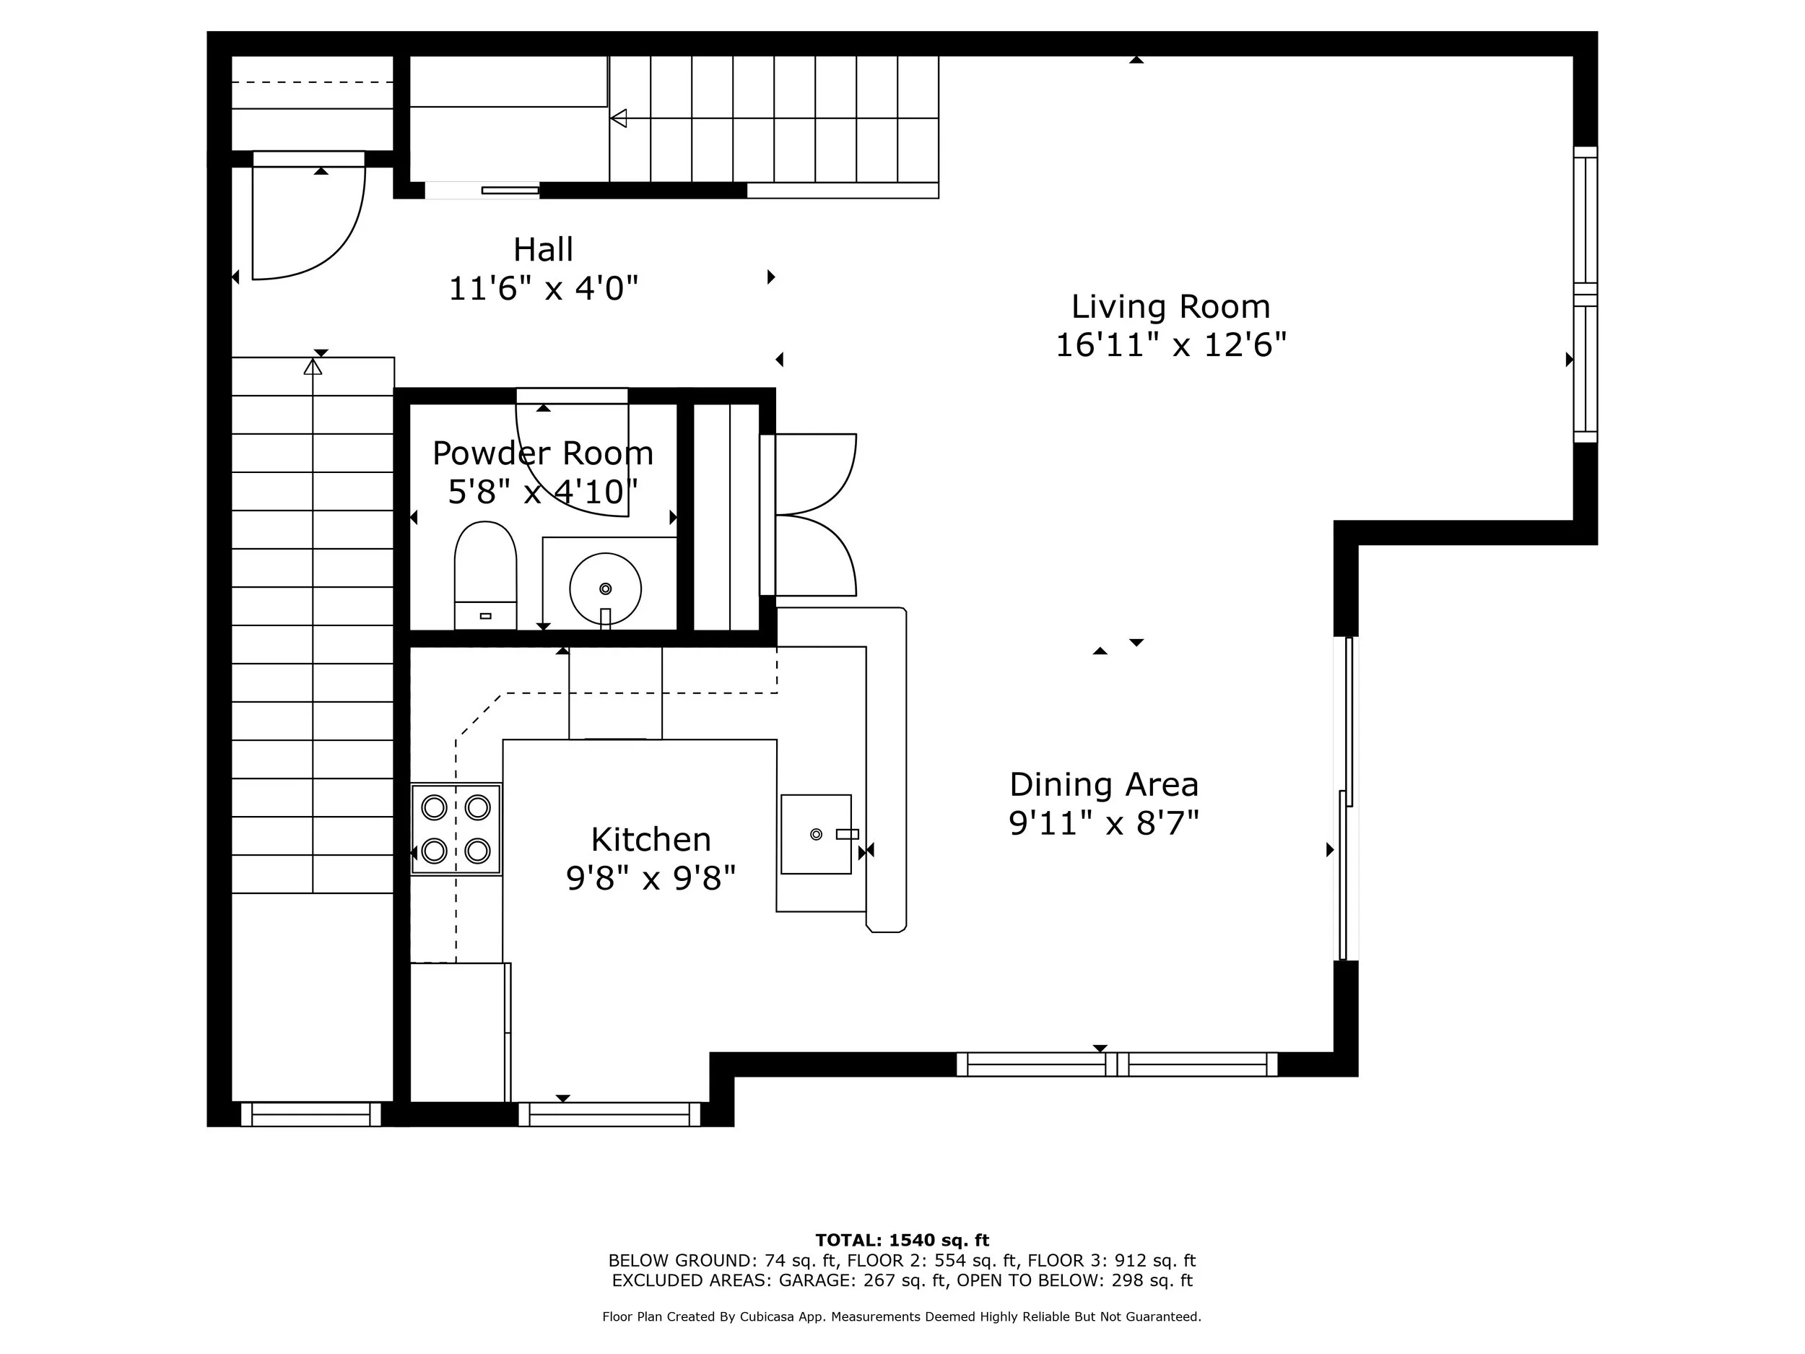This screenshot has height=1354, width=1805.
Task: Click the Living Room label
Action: [x=1170, y=307]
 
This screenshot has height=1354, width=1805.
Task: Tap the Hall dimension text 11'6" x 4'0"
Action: [x=543, y=288]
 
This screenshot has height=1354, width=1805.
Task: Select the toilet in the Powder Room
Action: [x=485, y=576]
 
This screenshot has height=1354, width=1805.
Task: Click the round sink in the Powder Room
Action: [x=604, y=589]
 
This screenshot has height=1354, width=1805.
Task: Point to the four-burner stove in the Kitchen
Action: [x=456, y=829]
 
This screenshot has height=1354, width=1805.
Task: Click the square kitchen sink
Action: [x=815, y=834]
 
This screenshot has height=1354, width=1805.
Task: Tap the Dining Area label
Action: [x=1103, y=784]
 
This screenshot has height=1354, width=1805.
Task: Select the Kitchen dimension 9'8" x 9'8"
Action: [x=651, y=878]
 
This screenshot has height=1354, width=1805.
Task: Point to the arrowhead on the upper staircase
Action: [x=619, y=118]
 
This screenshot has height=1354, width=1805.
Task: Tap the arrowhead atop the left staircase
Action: [x=313, y=368]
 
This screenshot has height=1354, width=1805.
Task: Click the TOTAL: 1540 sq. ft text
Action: [x=902, y=1241]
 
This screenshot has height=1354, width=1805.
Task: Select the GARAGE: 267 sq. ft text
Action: [x=864, y=1280]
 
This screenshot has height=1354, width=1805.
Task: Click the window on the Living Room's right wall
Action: [x=1585, y=294]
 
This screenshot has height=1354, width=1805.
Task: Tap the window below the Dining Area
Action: [x=1116, y=1064]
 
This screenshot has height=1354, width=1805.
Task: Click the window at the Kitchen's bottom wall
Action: [x=609, y=1114]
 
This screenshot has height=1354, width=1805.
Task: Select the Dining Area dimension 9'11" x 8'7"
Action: [x=1103, y=823]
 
